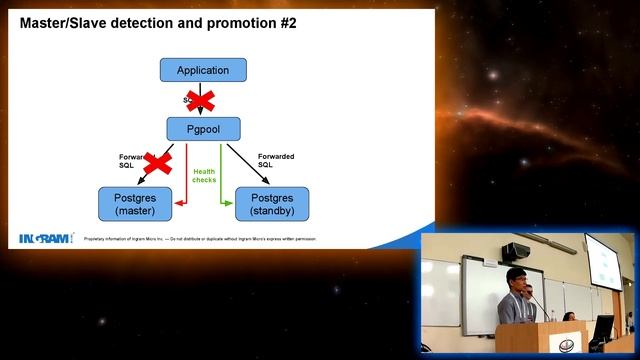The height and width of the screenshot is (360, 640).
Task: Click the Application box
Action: coord(203,70)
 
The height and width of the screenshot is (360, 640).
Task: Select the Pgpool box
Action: coord(203,128)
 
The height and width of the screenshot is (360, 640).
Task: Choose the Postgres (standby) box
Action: coord(272,203)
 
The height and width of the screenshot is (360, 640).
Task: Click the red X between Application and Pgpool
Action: coord(201,99)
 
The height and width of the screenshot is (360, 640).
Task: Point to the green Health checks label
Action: coord(204,175)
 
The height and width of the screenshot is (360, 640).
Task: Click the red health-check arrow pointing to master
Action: coord(186,180)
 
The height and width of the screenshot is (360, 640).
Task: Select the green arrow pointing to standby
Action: coord(221,180)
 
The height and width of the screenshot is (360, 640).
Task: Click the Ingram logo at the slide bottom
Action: coord(46,237)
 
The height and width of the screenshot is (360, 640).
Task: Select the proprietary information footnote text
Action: coord(205,240)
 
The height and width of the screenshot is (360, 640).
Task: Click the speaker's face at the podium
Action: coord(515,280)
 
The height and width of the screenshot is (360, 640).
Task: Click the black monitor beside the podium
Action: coord(602,330)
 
